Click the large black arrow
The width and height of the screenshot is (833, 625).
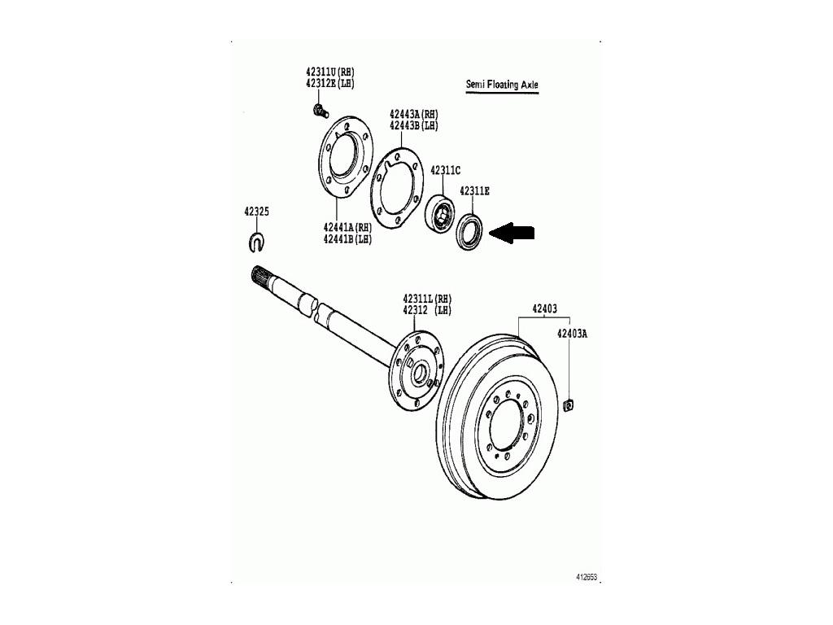pos(512,233)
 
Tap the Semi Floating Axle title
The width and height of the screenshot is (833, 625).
pos(502,84)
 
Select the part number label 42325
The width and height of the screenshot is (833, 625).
pos(256,212)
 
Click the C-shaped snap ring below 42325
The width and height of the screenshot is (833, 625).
pos(256,242)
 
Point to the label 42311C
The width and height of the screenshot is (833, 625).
pos(445,170)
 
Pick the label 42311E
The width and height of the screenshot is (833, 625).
pos(474,190)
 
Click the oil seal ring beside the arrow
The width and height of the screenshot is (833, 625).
pos(470,231)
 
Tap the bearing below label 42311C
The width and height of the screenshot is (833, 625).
pos(440,215)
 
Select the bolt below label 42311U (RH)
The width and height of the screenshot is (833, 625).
pos(320,111)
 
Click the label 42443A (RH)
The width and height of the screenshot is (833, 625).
pos(414,114)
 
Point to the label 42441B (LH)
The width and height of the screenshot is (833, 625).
pos(347,239)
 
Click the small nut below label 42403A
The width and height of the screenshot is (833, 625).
pos(568,405)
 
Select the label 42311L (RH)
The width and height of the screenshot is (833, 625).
pos(427,299)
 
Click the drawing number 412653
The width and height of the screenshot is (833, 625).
pos(587,577)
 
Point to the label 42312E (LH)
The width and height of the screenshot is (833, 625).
pos(330,84)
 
